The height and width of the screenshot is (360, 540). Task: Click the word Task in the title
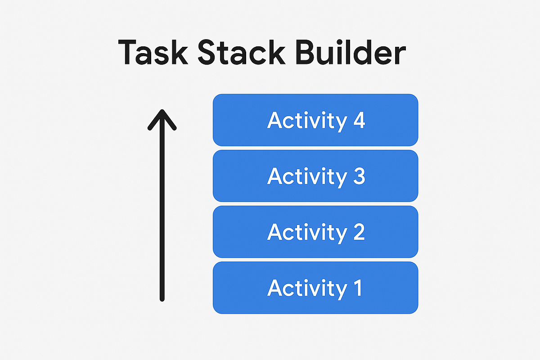(x=153, y=53)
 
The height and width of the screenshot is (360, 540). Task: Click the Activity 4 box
(x=315, y=120)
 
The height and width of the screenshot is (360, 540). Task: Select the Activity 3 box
(x=315, y=176)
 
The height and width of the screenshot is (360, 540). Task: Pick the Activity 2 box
(x=315, y=232)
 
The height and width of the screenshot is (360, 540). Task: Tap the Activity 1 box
(x=315, y=288)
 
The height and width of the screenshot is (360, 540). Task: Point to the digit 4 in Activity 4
(x=358, y=121)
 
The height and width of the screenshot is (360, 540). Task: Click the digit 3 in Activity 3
(x=358, y=176)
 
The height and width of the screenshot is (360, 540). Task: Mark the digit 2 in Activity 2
(x=358, y=232)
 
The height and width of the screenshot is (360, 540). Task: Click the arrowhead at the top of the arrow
(x=162, y=118)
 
